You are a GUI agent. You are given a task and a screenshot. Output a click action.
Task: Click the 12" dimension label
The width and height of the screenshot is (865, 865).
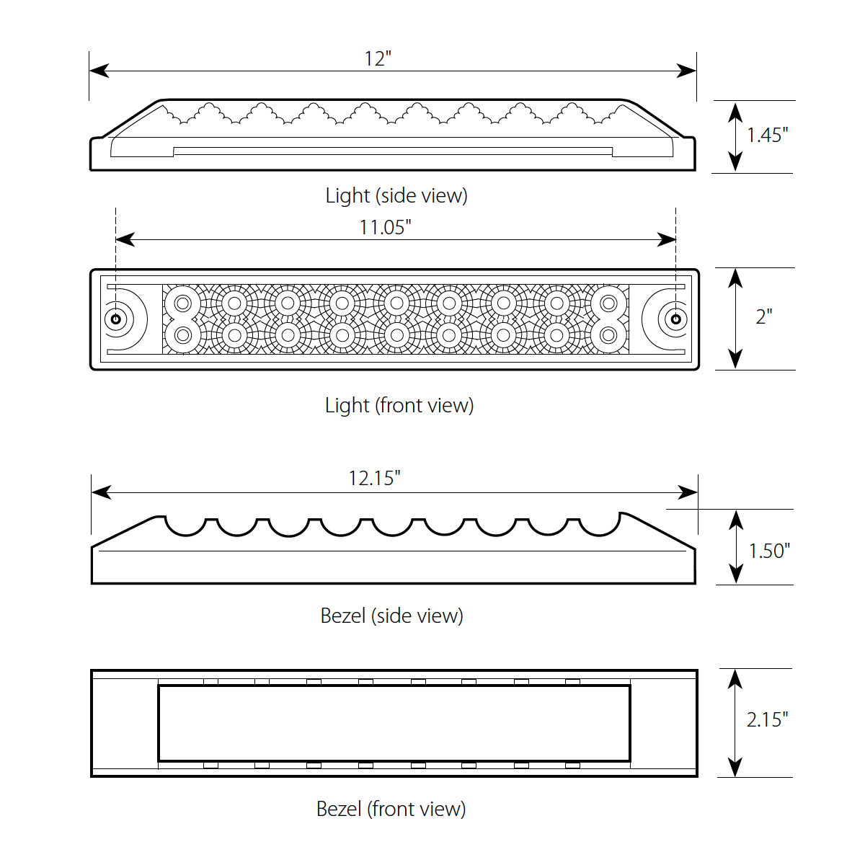point(378,58)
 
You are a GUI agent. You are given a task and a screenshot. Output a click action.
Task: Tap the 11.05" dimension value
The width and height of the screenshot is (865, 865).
point(385,228)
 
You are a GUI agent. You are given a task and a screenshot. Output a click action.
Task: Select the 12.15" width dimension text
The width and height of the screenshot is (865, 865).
point(374,479)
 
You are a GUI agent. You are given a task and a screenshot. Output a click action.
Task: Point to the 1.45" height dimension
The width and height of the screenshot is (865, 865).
point(767,135)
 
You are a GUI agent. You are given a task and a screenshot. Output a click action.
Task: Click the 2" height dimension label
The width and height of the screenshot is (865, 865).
point(764,316)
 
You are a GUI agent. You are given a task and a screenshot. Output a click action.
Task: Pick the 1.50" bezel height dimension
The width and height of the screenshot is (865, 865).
point(769,551)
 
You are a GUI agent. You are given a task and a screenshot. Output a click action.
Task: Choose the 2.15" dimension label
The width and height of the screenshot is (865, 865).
point(767,719)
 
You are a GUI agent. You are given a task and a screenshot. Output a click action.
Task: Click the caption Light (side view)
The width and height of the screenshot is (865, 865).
point(396,195)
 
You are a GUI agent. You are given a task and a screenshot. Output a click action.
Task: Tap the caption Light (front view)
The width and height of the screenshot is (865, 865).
point(399,405)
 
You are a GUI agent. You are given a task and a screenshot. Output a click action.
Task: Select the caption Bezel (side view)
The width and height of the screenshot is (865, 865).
point(391,616)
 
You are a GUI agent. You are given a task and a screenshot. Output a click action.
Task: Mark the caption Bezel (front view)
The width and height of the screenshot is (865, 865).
point(391,809)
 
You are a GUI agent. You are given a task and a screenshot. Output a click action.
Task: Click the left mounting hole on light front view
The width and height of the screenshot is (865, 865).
point(115,319)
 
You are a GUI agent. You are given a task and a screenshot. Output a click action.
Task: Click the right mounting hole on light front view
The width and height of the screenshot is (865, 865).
point(675,319)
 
